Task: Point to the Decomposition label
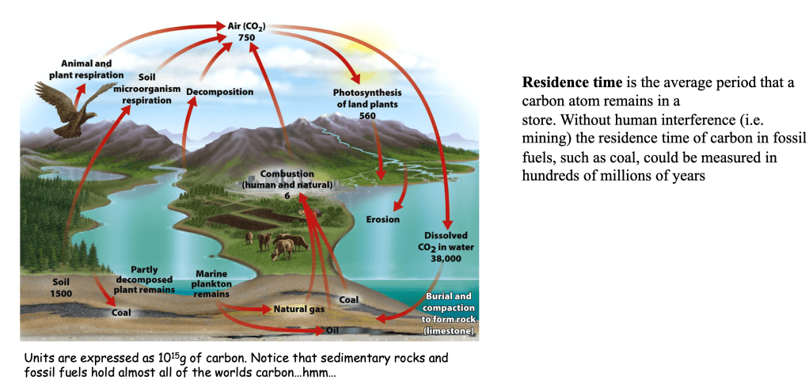point(220,92)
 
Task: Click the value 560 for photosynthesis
point(367,116)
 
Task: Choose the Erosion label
point(382,219)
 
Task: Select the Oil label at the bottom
point(333,328)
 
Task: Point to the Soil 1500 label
point(61,288)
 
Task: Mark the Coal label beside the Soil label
point(122,313)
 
